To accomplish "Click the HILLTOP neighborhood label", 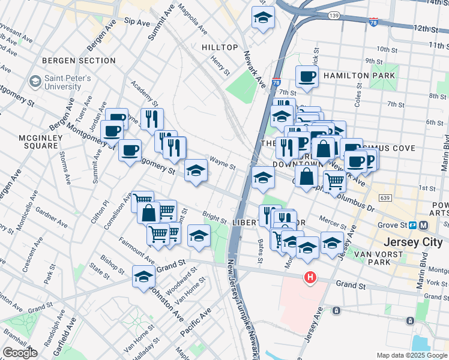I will coord(220,47).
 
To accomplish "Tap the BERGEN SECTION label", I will coord(79,61).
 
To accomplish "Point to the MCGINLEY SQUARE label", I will coord(38,142).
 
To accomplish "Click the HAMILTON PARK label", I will coord(359,76).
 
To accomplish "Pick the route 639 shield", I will coord(384,198).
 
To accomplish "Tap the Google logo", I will coord(20,353).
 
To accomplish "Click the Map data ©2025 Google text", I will coord(411,355).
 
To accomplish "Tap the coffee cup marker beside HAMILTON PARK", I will coord(307,77).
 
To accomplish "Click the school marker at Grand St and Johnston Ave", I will coord(143,277).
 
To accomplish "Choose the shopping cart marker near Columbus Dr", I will coord(334,180).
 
